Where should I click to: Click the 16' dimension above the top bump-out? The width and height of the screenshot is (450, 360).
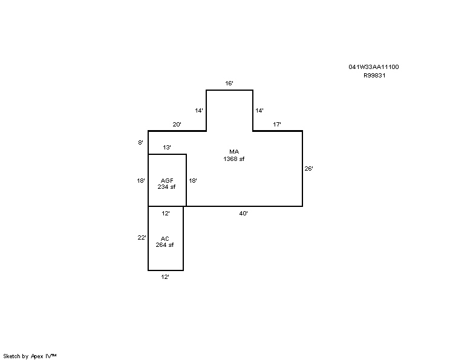point(229,83)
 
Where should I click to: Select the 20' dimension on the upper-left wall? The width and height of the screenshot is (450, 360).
point(177,124)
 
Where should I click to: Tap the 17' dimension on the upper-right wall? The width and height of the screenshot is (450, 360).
point(277,124)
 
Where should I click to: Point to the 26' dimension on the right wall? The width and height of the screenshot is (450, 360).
point(309,169)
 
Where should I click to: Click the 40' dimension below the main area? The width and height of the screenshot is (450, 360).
point(243,214)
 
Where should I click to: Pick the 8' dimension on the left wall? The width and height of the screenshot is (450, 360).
point(140,142)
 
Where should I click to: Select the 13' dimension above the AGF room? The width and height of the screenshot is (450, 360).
point(167,147)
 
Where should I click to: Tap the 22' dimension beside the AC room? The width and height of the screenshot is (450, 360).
point(142,237)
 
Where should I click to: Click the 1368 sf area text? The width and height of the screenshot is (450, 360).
point(234,159)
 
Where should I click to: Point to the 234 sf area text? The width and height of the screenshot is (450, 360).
point(166,186)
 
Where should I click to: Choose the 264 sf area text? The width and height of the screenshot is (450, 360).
point(165,245)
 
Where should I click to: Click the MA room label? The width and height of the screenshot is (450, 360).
point(234,152)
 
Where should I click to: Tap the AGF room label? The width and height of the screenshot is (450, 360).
point(167,180)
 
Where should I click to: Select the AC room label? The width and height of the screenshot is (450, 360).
point(165,238)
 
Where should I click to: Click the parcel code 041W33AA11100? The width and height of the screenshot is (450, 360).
point(374,67)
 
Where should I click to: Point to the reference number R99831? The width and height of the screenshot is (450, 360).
point(374,76)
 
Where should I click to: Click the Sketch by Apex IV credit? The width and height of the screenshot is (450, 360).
point(30,356)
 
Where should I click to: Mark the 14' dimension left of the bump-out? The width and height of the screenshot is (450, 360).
point(199,111)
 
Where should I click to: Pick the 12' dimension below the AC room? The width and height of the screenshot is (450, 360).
point(165,277)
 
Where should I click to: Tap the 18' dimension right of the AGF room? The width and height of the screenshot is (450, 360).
point(193,180)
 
